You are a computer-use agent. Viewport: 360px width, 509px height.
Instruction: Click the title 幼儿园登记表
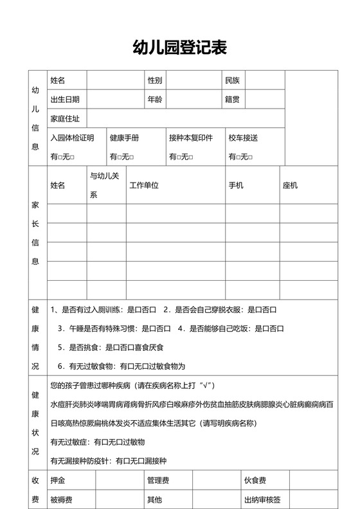pos(179,47)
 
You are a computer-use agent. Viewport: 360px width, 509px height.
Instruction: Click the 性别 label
pos(155,80)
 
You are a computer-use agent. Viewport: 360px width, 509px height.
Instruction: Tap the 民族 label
pos(232,80)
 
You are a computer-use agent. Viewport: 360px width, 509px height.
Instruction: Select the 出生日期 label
pos(65,100)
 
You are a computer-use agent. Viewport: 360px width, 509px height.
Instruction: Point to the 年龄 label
pos(155,100)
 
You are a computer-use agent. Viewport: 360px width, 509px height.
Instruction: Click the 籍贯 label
pos(232,100)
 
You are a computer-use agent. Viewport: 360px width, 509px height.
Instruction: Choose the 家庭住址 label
pos(65,119)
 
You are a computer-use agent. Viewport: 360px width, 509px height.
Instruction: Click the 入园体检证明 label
pos(72,138)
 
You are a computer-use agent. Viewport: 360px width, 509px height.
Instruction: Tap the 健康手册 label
pos(124,138)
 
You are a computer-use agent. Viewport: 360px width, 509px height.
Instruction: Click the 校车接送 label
pos(243,138)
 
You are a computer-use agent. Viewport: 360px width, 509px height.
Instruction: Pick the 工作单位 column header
pos(144,186)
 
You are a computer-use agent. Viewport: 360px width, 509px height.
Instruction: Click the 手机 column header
pos(236,186)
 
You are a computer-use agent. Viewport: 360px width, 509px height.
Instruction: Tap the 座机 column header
pos(290,186)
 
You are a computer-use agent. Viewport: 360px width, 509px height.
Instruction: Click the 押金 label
pos(57,481)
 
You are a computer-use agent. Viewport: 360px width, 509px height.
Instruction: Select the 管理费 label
pos(158,481)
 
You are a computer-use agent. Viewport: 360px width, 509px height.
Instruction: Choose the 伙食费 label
pos(255,481)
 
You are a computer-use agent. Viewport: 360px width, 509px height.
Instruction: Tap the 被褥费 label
pos(61,500)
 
